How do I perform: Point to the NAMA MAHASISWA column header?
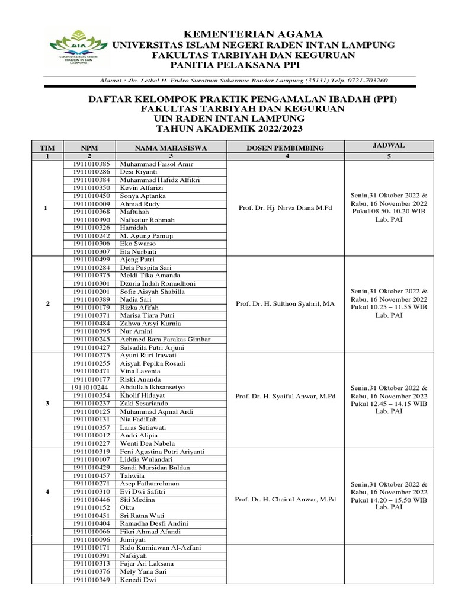point(164,148)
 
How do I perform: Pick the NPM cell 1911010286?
point(92,172)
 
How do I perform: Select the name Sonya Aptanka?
point(143,196)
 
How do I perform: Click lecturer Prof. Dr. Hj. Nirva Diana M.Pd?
point(286,207)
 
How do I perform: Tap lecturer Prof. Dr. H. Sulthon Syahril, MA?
point(286,303)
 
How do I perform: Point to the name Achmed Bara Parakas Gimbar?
point(165,339)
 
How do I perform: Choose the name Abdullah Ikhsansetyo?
point(152,387)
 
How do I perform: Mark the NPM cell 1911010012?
point(92,435)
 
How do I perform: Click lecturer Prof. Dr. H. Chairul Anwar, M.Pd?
point(286,500)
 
